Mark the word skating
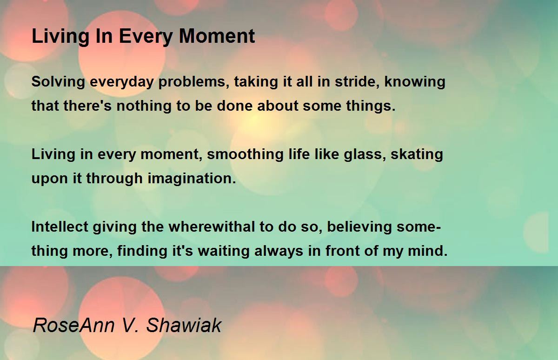(417, 154)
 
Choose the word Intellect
(60, 227)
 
